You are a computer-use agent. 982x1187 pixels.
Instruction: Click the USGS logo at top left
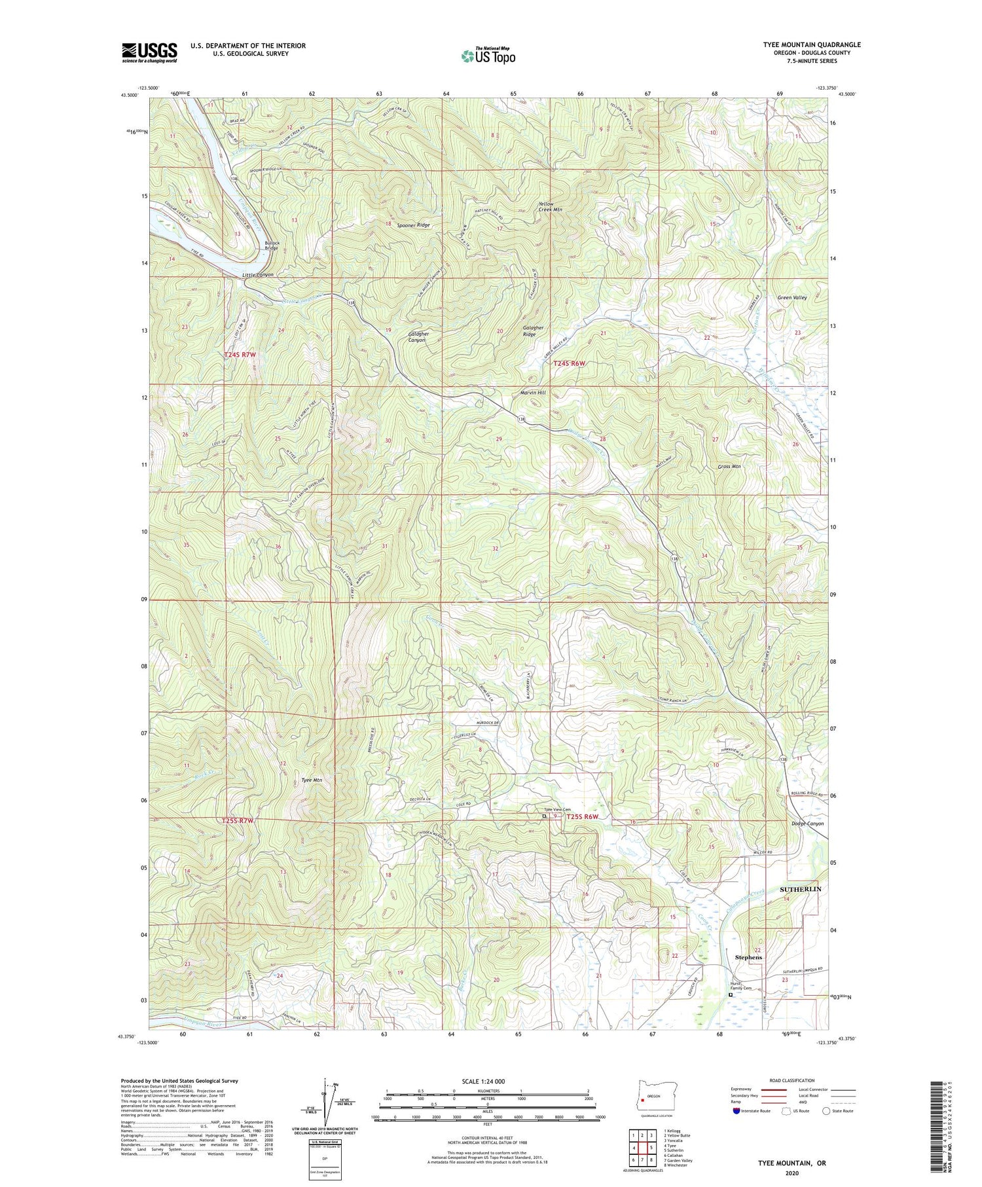pyautogui.click(x=149, y=52)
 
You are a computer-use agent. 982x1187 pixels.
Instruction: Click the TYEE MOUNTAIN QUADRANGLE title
pyautogui.click(x=811, y=45)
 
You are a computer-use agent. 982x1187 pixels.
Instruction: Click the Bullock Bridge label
pyautogui.click(x=272, y=245)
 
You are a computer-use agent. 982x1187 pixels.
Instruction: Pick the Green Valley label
pyautogui.click(x=791, y=297)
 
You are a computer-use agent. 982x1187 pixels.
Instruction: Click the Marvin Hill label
pyautogui.click(x=532, y=393)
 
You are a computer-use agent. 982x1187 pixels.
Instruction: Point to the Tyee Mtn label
pyautogui.click(x=312, y=780)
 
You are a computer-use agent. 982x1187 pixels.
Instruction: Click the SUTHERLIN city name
pyautogui.click(x=800, y=889)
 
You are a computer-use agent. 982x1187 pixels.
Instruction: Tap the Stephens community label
pyautogui.click(x=748, y=957)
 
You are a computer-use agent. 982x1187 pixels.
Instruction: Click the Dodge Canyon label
pyautogui.click(x=807, y=824)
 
